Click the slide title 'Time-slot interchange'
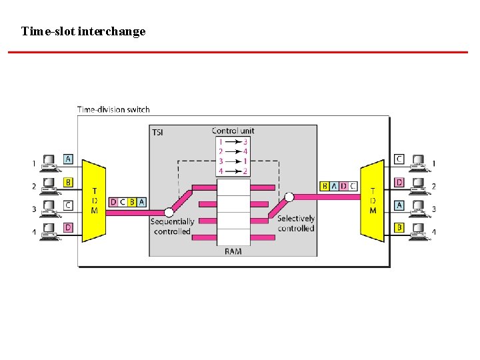click(x=83, y=31)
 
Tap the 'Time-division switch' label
click(x=113, y=109)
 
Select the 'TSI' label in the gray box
click(x=157, y=132)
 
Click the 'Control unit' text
click(x=233, y=131)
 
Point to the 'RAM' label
click(x=233, y=251)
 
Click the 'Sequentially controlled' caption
click(x=172, y=227)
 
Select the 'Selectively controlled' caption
click(x=296, y=223)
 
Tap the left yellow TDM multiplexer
click(x=94, y=199)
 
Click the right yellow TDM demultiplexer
click(x=372, y=199)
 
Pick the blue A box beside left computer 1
click(x=68, y=159)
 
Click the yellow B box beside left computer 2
click(x=68, y=182)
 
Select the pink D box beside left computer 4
click(x=68, y=228)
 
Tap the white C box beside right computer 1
click(x=399, y=159)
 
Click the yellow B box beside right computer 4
click(x=399, y=228)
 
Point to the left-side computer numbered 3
click(x=49, y=208)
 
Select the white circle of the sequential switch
click(x=169, y=212)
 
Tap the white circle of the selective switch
click(x=289, y=197)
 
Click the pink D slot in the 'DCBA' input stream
click(x=113, y=202)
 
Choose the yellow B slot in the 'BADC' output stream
click(x=325, y=186)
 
